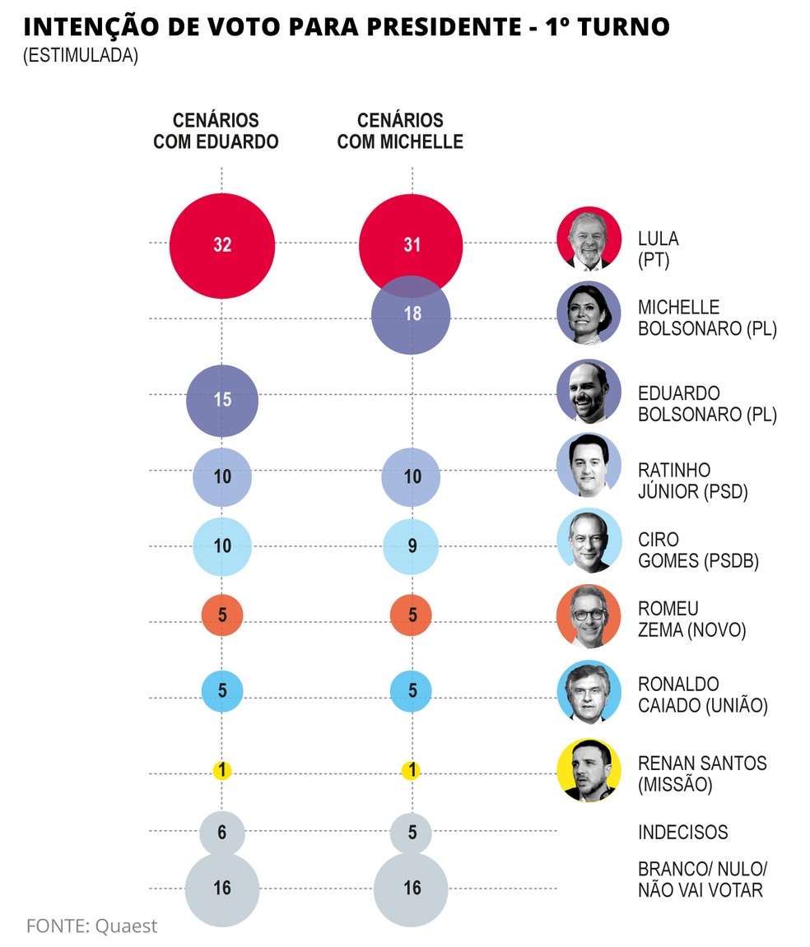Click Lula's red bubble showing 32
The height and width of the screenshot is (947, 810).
point(221,245)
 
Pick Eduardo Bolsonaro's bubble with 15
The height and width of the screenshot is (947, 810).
point(221,400)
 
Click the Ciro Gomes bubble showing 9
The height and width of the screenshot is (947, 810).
point(412,545)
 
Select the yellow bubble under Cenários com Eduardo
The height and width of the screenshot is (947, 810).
point(221,771)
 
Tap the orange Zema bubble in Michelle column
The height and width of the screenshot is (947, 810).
point(412,615)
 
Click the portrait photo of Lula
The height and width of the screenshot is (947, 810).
point(589,238)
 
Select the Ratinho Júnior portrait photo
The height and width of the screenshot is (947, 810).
point(589,466)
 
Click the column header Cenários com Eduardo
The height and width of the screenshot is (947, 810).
point(216,131)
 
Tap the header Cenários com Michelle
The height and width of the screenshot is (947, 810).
point(400,131)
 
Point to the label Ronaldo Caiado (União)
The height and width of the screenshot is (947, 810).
point(702,695)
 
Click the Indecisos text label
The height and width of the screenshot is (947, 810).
point(682,832)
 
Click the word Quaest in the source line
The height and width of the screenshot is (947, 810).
point(126,926)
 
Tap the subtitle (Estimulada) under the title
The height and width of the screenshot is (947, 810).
point(80,57)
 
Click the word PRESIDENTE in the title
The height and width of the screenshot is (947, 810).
point(426,27)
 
